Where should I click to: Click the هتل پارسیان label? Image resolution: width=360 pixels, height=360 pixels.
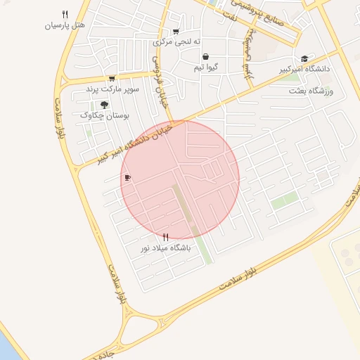coord(65,25)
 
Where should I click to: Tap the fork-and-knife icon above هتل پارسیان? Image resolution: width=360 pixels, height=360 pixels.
coord(65,13)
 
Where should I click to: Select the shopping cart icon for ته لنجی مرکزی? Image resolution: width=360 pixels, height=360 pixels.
coord(176,31)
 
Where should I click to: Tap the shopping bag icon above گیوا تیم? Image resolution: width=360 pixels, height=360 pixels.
coord(205,57)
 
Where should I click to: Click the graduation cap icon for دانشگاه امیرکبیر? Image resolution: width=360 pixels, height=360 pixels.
coord(304,59)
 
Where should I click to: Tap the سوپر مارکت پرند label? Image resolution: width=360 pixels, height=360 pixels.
coord(112,89)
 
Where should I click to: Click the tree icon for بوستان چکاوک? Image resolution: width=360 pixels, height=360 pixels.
coord(104,103)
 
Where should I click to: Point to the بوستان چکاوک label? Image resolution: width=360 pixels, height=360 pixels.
coord(103,114)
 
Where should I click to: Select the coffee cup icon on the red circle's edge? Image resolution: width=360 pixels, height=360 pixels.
coord(127,178)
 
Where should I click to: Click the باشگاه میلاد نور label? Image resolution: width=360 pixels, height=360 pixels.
coord(166,248)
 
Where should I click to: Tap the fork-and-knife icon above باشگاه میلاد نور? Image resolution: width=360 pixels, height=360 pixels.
coord(166,237)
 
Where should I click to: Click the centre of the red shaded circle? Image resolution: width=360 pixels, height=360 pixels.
coord(180,179)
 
